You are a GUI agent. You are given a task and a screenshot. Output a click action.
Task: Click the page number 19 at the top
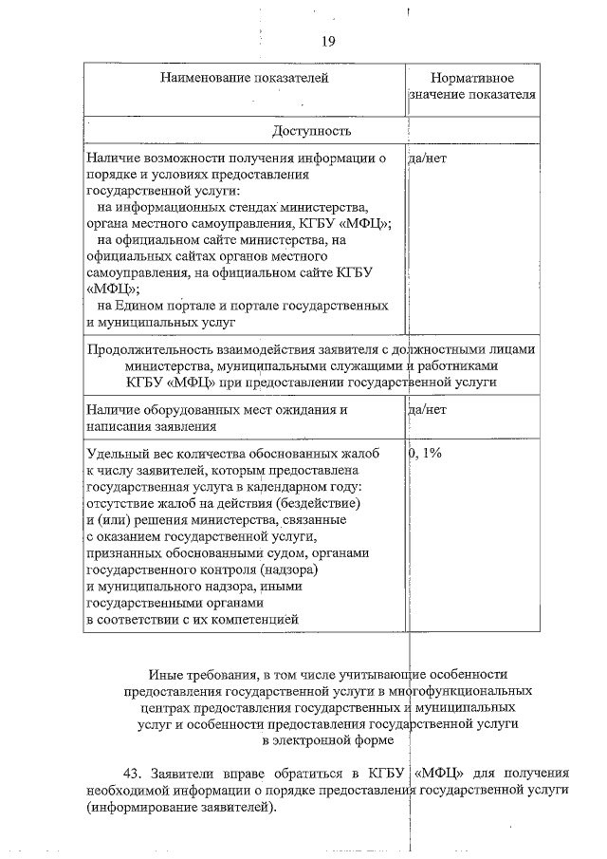(327, 41)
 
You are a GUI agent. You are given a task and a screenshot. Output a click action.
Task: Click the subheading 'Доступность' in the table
(312, 130)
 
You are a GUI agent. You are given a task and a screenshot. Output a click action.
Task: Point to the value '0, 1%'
(426, 453)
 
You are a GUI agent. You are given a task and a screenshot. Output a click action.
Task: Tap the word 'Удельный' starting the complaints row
(116, 453)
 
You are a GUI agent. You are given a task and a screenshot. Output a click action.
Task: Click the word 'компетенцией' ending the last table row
(254, 619)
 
